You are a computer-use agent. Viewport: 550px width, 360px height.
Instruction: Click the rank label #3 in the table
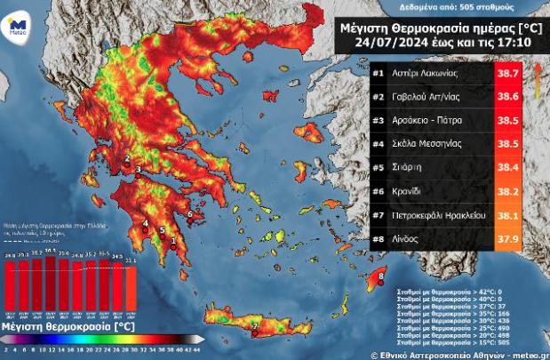point(379,119)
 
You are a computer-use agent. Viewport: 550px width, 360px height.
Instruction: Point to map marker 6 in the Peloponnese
point(190,213)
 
